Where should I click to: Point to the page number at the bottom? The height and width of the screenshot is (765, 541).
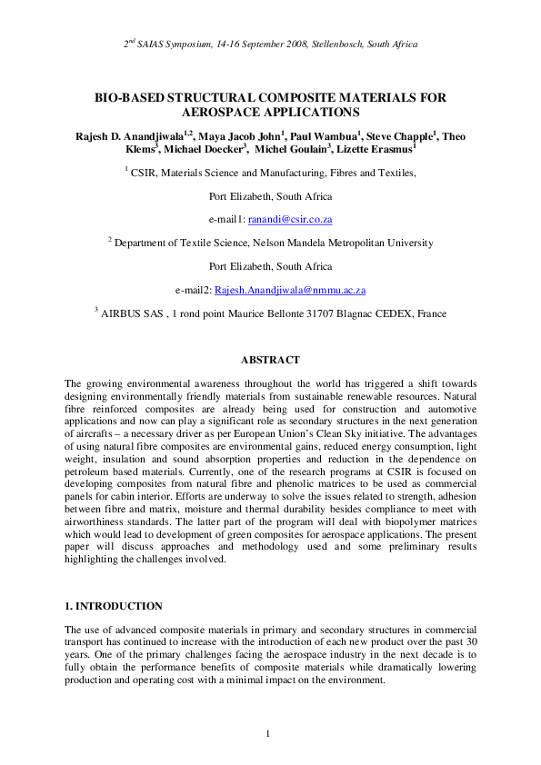click(269, 733)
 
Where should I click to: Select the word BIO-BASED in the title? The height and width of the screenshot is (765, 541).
click(131, 97)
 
